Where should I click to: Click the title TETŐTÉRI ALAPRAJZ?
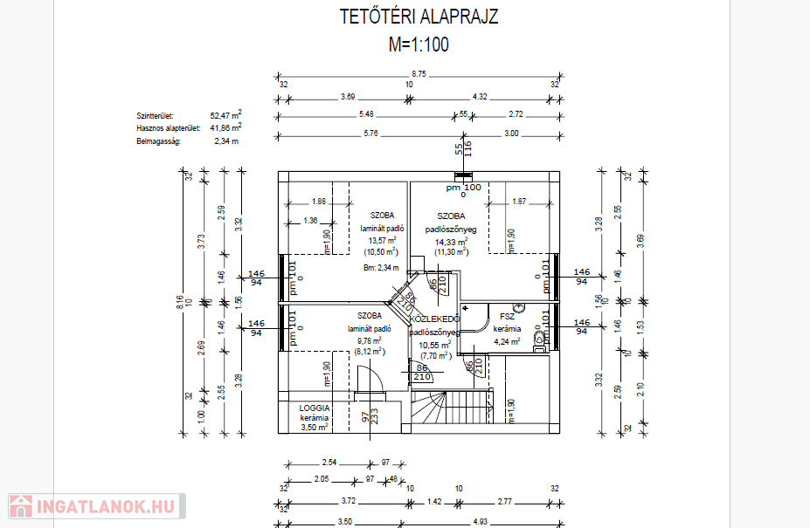coord(419,17)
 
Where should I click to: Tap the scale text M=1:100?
coord(419,45)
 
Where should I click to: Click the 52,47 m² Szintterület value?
coord(225,114)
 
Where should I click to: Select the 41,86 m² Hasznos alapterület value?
coord(225,127)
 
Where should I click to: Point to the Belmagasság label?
coord(156,141)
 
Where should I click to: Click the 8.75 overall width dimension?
coord(419,74)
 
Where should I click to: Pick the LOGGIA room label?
coord(314,408)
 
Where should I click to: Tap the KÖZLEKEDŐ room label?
coord(434,319)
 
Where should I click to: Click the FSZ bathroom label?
coord(507,317)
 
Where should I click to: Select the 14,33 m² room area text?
coord(452,241)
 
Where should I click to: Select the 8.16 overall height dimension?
coord(180,302)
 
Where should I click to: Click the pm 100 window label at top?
coord(463,187)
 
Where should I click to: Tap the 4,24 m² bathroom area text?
coord(506,341)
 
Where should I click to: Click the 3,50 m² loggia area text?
coord(314,428)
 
